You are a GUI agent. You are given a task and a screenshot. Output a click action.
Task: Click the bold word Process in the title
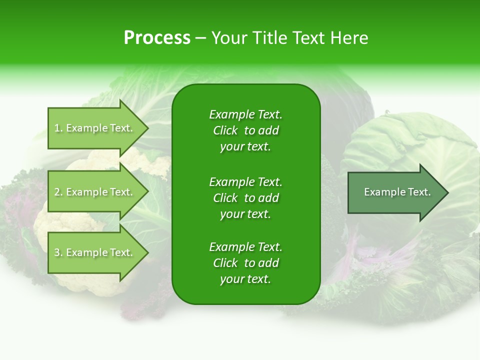[157, 38]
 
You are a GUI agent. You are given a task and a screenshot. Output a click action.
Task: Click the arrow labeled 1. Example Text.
[94, 128]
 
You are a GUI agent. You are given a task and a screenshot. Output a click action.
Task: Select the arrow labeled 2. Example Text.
[94, 192]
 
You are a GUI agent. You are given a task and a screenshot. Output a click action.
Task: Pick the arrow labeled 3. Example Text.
[94, 252]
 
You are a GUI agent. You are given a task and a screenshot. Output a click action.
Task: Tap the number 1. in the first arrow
[58, 128]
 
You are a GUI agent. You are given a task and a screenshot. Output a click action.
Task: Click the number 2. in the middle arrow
[58, 192]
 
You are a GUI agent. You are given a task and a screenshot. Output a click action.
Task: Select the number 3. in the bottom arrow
[58, 252]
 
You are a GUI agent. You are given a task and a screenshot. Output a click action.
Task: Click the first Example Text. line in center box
[245, 114]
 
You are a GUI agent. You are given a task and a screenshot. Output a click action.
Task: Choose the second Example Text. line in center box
[245, 182]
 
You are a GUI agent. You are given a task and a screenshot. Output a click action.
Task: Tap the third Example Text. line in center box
[245, 247]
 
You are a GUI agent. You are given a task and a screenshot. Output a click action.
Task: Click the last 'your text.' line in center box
[245, 279]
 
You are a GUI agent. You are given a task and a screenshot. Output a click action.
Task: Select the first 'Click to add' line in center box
[245, 130]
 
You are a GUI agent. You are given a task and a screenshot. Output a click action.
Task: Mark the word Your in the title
[230, 38]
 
